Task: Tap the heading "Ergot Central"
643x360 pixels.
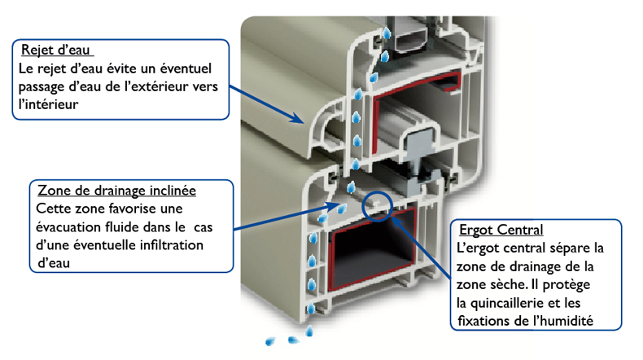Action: tap(501, 230)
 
